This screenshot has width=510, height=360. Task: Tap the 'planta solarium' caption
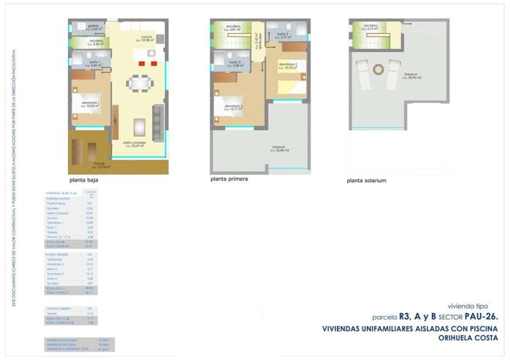[x=366, y=180]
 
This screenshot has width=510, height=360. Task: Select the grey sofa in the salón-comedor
[x=158, y=121]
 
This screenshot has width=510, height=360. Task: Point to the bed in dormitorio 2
[x=289, y=82]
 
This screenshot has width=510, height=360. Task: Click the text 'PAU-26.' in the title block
[x=480, y=317]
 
